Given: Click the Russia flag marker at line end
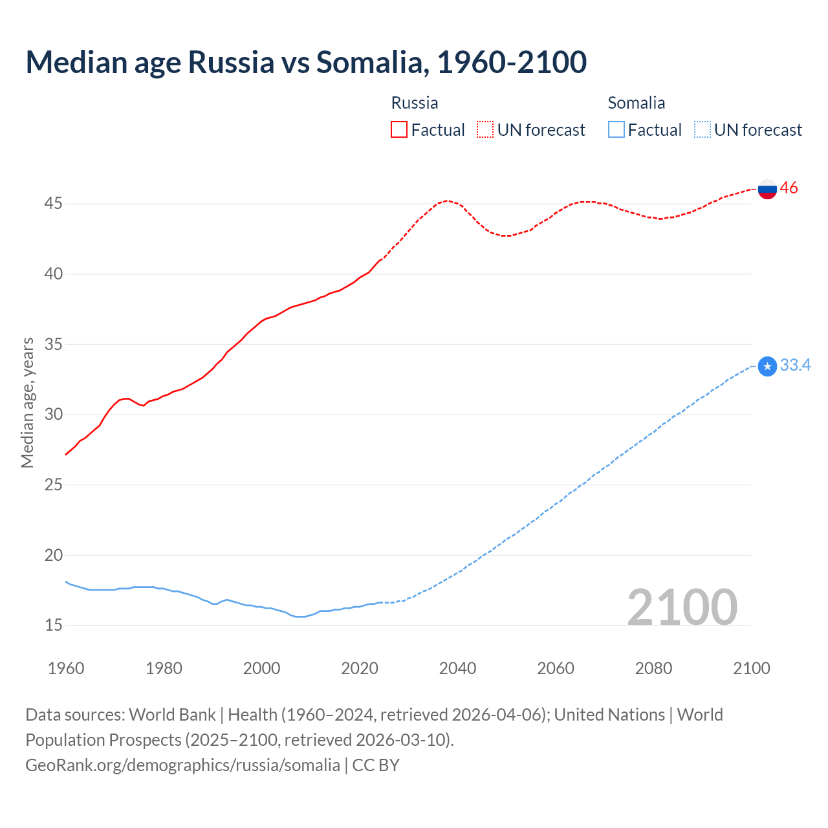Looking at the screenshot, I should [767, 189].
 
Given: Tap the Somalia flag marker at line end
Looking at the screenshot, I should [767, 366].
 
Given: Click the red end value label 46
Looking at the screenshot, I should [789, 188].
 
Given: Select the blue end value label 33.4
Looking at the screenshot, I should [795, 365].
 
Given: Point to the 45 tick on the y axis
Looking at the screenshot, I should [53, 204].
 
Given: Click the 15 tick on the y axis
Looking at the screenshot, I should [53, 626].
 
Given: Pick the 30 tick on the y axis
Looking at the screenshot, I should [53, 415].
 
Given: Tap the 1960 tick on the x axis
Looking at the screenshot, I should [66, 668].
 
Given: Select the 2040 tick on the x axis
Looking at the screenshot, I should [457, 668].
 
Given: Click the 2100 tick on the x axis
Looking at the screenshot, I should [751, 668].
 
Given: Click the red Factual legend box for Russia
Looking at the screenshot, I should [399, 130].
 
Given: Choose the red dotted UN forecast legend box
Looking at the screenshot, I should [485, 130].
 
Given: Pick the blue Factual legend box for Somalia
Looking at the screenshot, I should [616, 130].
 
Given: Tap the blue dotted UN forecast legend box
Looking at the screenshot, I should [702, 130].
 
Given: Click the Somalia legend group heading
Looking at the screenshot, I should [636, 103].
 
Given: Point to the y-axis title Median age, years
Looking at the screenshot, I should [27, 402].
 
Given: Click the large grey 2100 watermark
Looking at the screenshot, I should [682, 607].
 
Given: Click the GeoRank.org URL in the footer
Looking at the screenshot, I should [182, 765].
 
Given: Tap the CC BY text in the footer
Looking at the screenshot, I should [376, 765].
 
